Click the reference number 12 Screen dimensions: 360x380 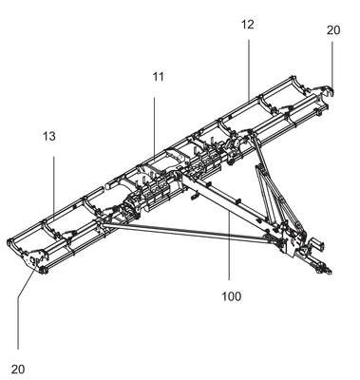point(248,25)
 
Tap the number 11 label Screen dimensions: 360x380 point(159,77)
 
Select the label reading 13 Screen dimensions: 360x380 point(49,136)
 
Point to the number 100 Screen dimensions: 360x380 point(231,296)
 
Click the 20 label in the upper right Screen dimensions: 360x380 point(333,30)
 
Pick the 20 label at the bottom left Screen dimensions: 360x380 point(18,369)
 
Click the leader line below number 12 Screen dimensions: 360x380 point(249,69)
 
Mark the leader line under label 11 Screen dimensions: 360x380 point(155,127)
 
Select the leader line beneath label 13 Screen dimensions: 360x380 point(54,184)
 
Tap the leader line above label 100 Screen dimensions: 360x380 point(229,246)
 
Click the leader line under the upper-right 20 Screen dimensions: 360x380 point(332,66)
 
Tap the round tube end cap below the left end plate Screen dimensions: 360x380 point(43,270)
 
